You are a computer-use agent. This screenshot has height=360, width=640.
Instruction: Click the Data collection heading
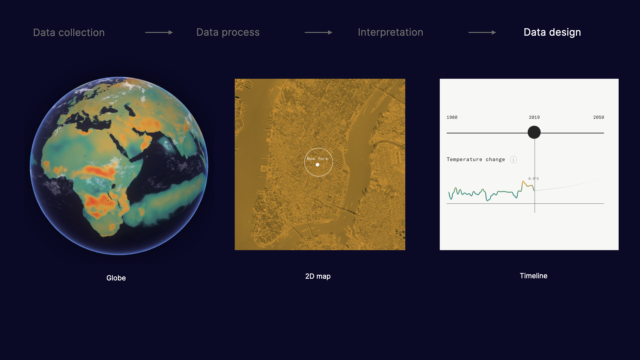tap(69, 32)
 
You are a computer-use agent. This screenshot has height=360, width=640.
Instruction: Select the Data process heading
tap(228, 32)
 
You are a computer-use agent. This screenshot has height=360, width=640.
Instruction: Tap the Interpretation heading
tap(390, 32)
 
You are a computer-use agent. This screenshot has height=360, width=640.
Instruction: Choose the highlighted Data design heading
tap(552, 32)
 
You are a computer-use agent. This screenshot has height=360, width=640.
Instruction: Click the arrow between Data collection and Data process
tap(159, 32)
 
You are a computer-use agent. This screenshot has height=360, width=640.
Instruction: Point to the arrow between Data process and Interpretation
tap(319, 32)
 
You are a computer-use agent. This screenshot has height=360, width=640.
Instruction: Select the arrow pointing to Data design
tap(482, 32)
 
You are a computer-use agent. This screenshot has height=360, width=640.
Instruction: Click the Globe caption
tap(116, 278)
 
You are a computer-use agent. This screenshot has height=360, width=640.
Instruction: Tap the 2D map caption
tap(318, 276)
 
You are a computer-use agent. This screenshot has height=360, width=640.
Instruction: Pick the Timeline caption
tap(534, 276)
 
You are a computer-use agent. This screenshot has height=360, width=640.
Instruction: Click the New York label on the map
tap(317, 159)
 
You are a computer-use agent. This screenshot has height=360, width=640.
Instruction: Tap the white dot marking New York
tap(317, 165)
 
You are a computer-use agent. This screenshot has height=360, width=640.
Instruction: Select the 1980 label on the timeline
tap(452, 117)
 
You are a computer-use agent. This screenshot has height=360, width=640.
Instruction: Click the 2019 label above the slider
tap(534, 117)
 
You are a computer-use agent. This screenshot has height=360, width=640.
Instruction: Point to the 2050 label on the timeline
tap(599, 117)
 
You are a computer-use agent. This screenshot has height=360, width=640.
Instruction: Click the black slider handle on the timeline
tap(534, 132)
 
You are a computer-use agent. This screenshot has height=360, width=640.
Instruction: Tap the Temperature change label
tap(476, 159)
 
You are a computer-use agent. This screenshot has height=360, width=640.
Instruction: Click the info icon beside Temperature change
tap(513, 160)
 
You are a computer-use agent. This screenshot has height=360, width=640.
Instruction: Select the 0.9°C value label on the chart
tap(533, 179)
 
